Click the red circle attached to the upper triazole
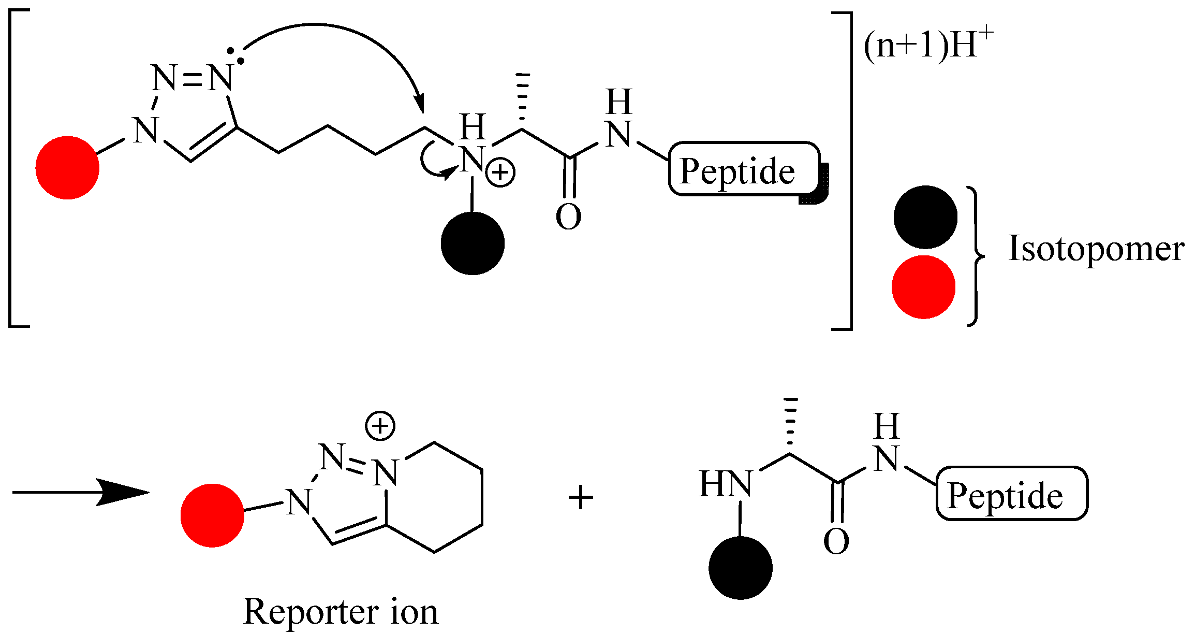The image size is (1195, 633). [x=67, y=168]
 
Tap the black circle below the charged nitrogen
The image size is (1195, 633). [x=473, y=243]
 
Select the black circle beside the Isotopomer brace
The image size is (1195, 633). [x=925, y=217]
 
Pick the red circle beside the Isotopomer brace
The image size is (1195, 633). [x=923, y=287]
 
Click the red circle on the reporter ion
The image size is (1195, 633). [x=212, y=515]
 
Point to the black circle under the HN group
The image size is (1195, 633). [x=740, y=568]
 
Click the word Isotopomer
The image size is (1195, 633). [x=1096, y=249]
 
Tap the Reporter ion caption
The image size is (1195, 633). [x=341, y=612]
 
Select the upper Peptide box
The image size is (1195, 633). [x=744, y=169]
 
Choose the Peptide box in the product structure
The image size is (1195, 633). [x=1012, y=494]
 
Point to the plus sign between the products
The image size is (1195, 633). [x=581, y=498]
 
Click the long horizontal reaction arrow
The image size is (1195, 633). [x=80, y=492]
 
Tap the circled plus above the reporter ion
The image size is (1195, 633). [x=380, y=426]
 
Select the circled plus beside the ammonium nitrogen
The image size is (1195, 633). [x=500, y=173]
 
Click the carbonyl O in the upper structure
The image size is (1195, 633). [x=568, y=217]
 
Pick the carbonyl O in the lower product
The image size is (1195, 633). [x=836, y=541]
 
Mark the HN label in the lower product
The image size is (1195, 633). [x=725, y=484]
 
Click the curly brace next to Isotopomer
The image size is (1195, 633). [x=975, y=256]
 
